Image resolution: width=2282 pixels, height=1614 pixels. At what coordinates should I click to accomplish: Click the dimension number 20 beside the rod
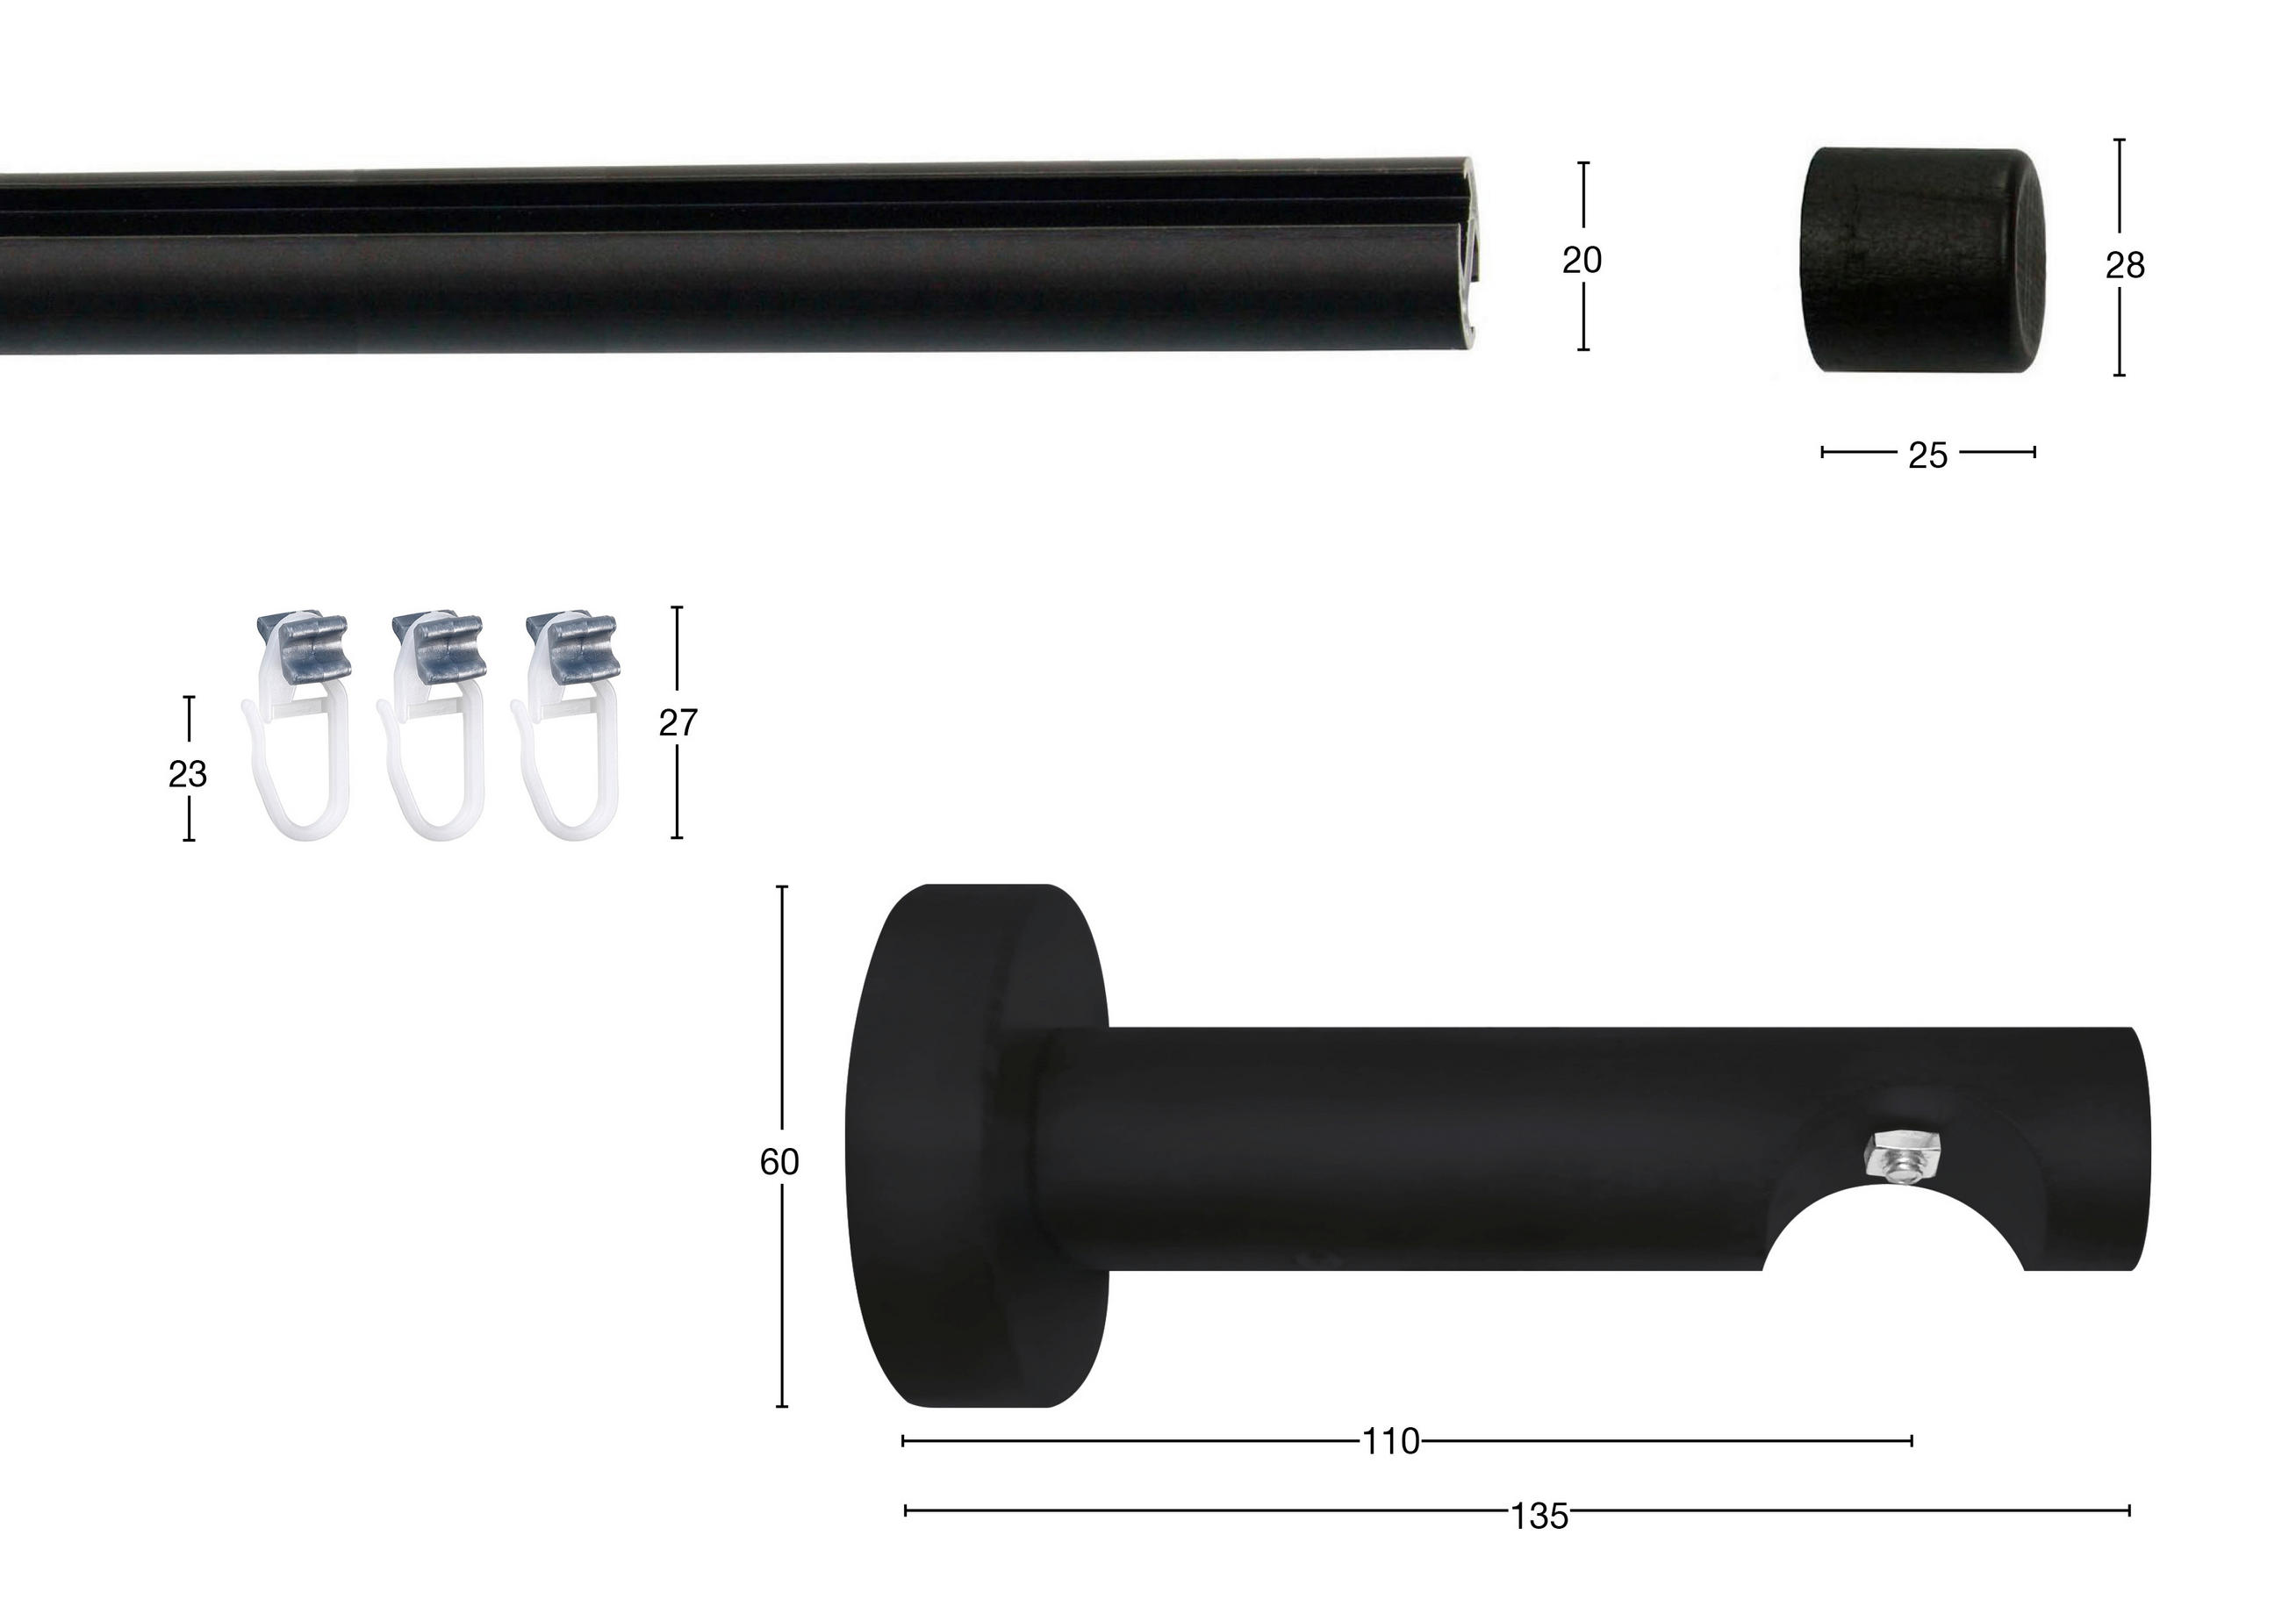point(1582,261)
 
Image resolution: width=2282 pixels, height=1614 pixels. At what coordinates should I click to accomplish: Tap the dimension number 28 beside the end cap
point(2124,265)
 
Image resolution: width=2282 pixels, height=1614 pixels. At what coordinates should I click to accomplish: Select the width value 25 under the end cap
point(1927,456)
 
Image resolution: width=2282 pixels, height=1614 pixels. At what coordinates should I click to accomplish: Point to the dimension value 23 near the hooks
point(187,773)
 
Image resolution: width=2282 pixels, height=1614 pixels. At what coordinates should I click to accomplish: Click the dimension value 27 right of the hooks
point(678,722)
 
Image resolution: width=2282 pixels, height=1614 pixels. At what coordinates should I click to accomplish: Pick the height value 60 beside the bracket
point(779,1162)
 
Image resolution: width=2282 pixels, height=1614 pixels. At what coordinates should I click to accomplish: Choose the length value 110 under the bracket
point(1389,1442)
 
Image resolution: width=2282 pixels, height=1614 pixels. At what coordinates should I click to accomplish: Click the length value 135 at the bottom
point(1539,1517)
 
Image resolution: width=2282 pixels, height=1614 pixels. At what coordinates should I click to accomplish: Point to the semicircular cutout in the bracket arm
point(1894,1232)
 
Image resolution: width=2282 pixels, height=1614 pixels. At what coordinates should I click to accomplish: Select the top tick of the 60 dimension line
point(782,886)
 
